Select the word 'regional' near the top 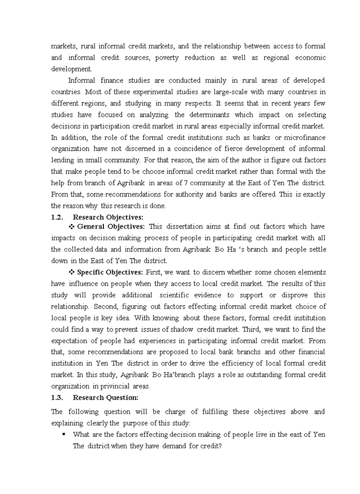277,58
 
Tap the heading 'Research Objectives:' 108,217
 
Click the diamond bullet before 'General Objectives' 71,226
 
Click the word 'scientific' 175,295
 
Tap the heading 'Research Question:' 105,397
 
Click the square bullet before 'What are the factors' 64,434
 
